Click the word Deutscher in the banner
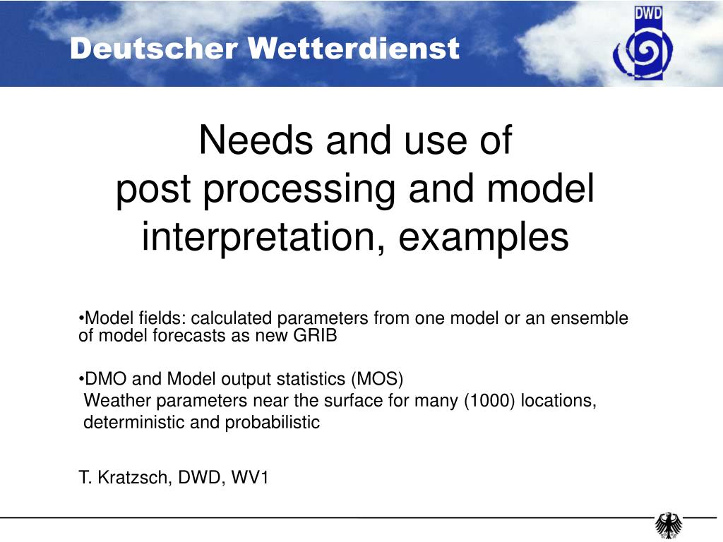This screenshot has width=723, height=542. click(x=154, y=49)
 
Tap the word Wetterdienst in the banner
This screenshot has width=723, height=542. click(x=354, y=49)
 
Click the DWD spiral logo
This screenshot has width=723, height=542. click(x=643, y=44)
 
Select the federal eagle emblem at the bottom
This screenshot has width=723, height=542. click(x=669, y=525)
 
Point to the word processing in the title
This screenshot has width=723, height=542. click(x=299, y=190)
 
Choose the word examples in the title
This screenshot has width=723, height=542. click(x=484, y=237)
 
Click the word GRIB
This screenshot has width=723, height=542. click(x=316, y=335)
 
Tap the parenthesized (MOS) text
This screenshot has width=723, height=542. click(x=377, y=379)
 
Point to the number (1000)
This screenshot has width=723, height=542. click(x=490, y=401)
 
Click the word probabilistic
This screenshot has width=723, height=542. click(x=273, y=423)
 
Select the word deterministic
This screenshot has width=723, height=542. click(x=134, y=422)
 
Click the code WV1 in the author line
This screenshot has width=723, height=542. click(x=249, y=478)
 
